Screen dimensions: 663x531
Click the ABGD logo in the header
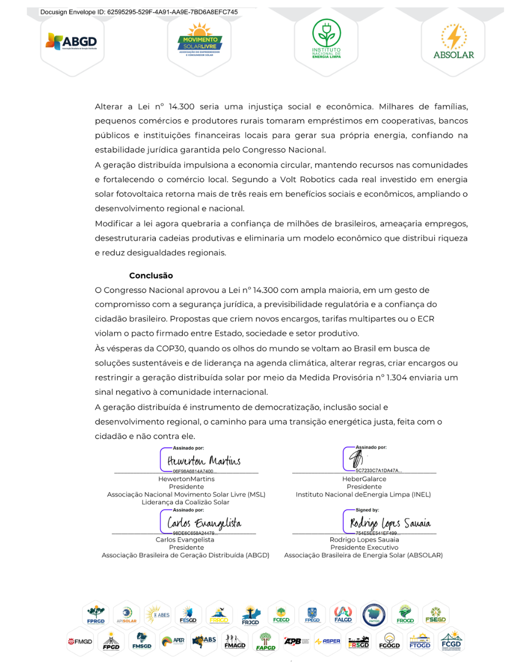point(72,42)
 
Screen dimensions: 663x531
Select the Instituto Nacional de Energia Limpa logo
point(326,39)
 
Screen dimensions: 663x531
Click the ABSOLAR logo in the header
point(453,42)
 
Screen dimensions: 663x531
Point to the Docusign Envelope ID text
point(139,12)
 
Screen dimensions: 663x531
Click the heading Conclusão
point(151,276)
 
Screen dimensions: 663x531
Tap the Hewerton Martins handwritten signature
point(204,461)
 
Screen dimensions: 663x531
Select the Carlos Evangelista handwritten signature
point(204,523)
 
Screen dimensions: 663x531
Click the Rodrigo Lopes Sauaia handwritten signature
point(390,523)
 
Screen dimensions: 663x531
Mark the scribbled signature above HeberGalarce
point(356,459)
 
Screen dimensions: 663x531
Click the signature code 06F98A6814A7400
point(193,471)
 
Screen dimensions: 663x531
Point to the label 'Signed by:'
point(367,510)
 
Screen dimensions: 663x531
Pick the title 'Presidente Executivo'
point(364,548)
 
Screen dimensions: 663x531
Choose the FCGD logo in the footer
point(451,641)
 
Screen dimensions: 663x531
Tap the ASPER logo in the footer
point(327,641)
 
